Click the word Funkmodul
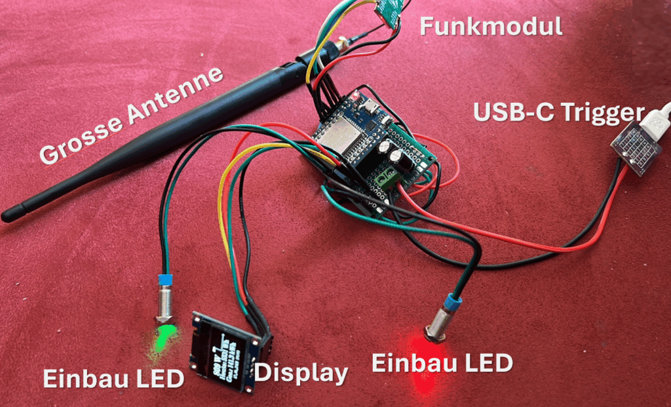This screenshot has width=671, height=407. point(490,27)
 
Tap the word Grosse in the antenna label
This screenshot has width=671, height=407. point(76,140)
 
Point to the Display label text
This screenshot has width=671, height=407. point(301,373)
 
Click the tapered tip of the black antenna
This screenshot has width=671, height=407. point(13,214)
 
